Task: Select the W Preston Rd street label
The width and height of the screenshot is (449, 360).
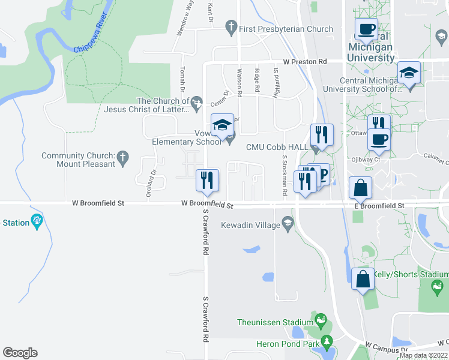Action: click(305, 62)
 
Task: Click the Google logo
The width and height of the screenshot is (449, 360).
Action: click(20, 353)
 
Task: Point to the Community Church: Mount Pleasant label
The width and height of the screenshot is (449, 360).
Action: click(78, 160)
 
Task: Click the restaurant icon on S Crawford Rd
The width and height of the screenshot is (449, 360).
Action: click(208, 180)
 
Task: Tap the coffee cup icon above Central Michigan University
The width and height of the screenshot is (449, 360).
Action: click(366, 29)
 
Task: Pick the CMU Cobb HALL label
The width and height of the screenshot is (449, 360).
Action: click(277, 147)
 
